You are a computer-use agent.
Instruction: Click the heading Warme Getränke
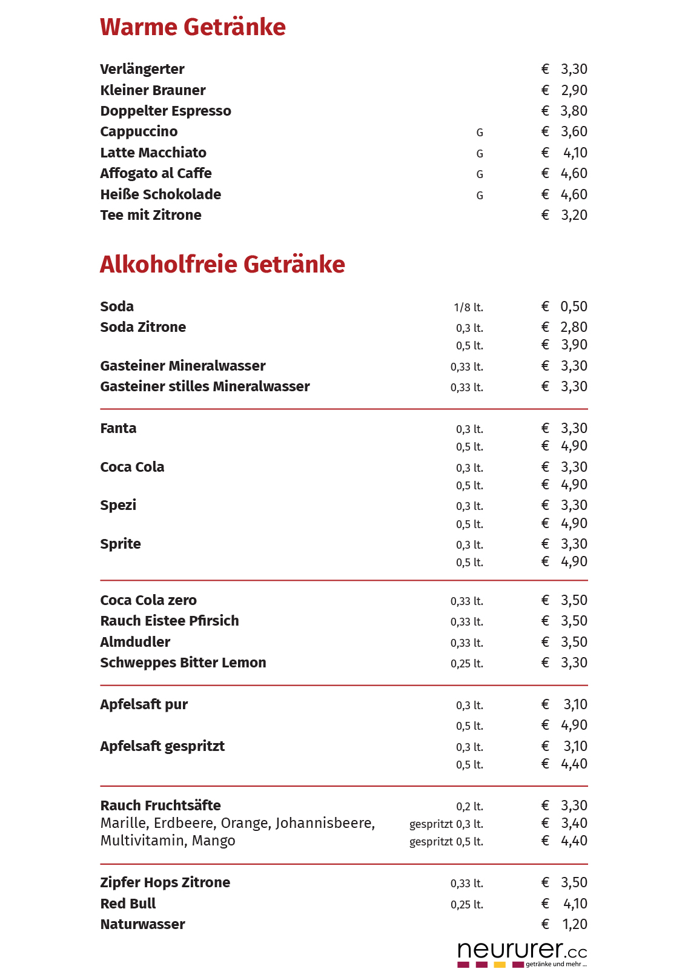193,27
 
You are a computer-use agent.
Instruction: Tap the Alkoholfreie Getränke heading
222,265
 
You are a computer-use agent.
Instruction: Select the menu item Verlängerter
142,69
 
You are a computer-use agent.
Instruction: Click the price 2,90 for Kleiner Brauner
574,90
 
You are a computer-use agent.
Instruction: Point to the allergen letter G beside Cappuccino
480,133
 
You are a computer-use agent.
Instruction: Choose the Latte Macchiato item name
153,153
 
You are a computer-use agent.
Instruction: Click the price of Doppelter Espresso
574,111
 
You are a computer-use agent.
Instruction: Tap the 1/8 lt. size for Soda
468,308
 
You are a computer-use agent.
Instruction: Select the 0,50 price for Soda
574,306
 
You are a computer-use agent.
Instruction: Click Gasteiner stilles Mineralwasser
205,386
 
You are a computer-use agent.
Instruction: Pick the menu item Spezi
118,505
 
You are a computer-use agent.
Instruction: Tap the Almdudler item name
135,642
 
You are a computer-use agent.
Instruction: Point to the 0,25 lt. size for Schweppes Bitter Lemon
466,664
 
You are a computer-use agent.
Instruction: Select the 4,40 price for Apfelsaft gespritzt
574,764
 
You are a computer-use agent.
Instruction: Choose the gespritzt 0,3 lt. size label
446,824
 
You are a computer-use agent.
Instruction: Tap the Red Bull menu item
128,904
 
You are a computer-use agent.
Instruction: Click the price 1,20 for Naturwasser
574,924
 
